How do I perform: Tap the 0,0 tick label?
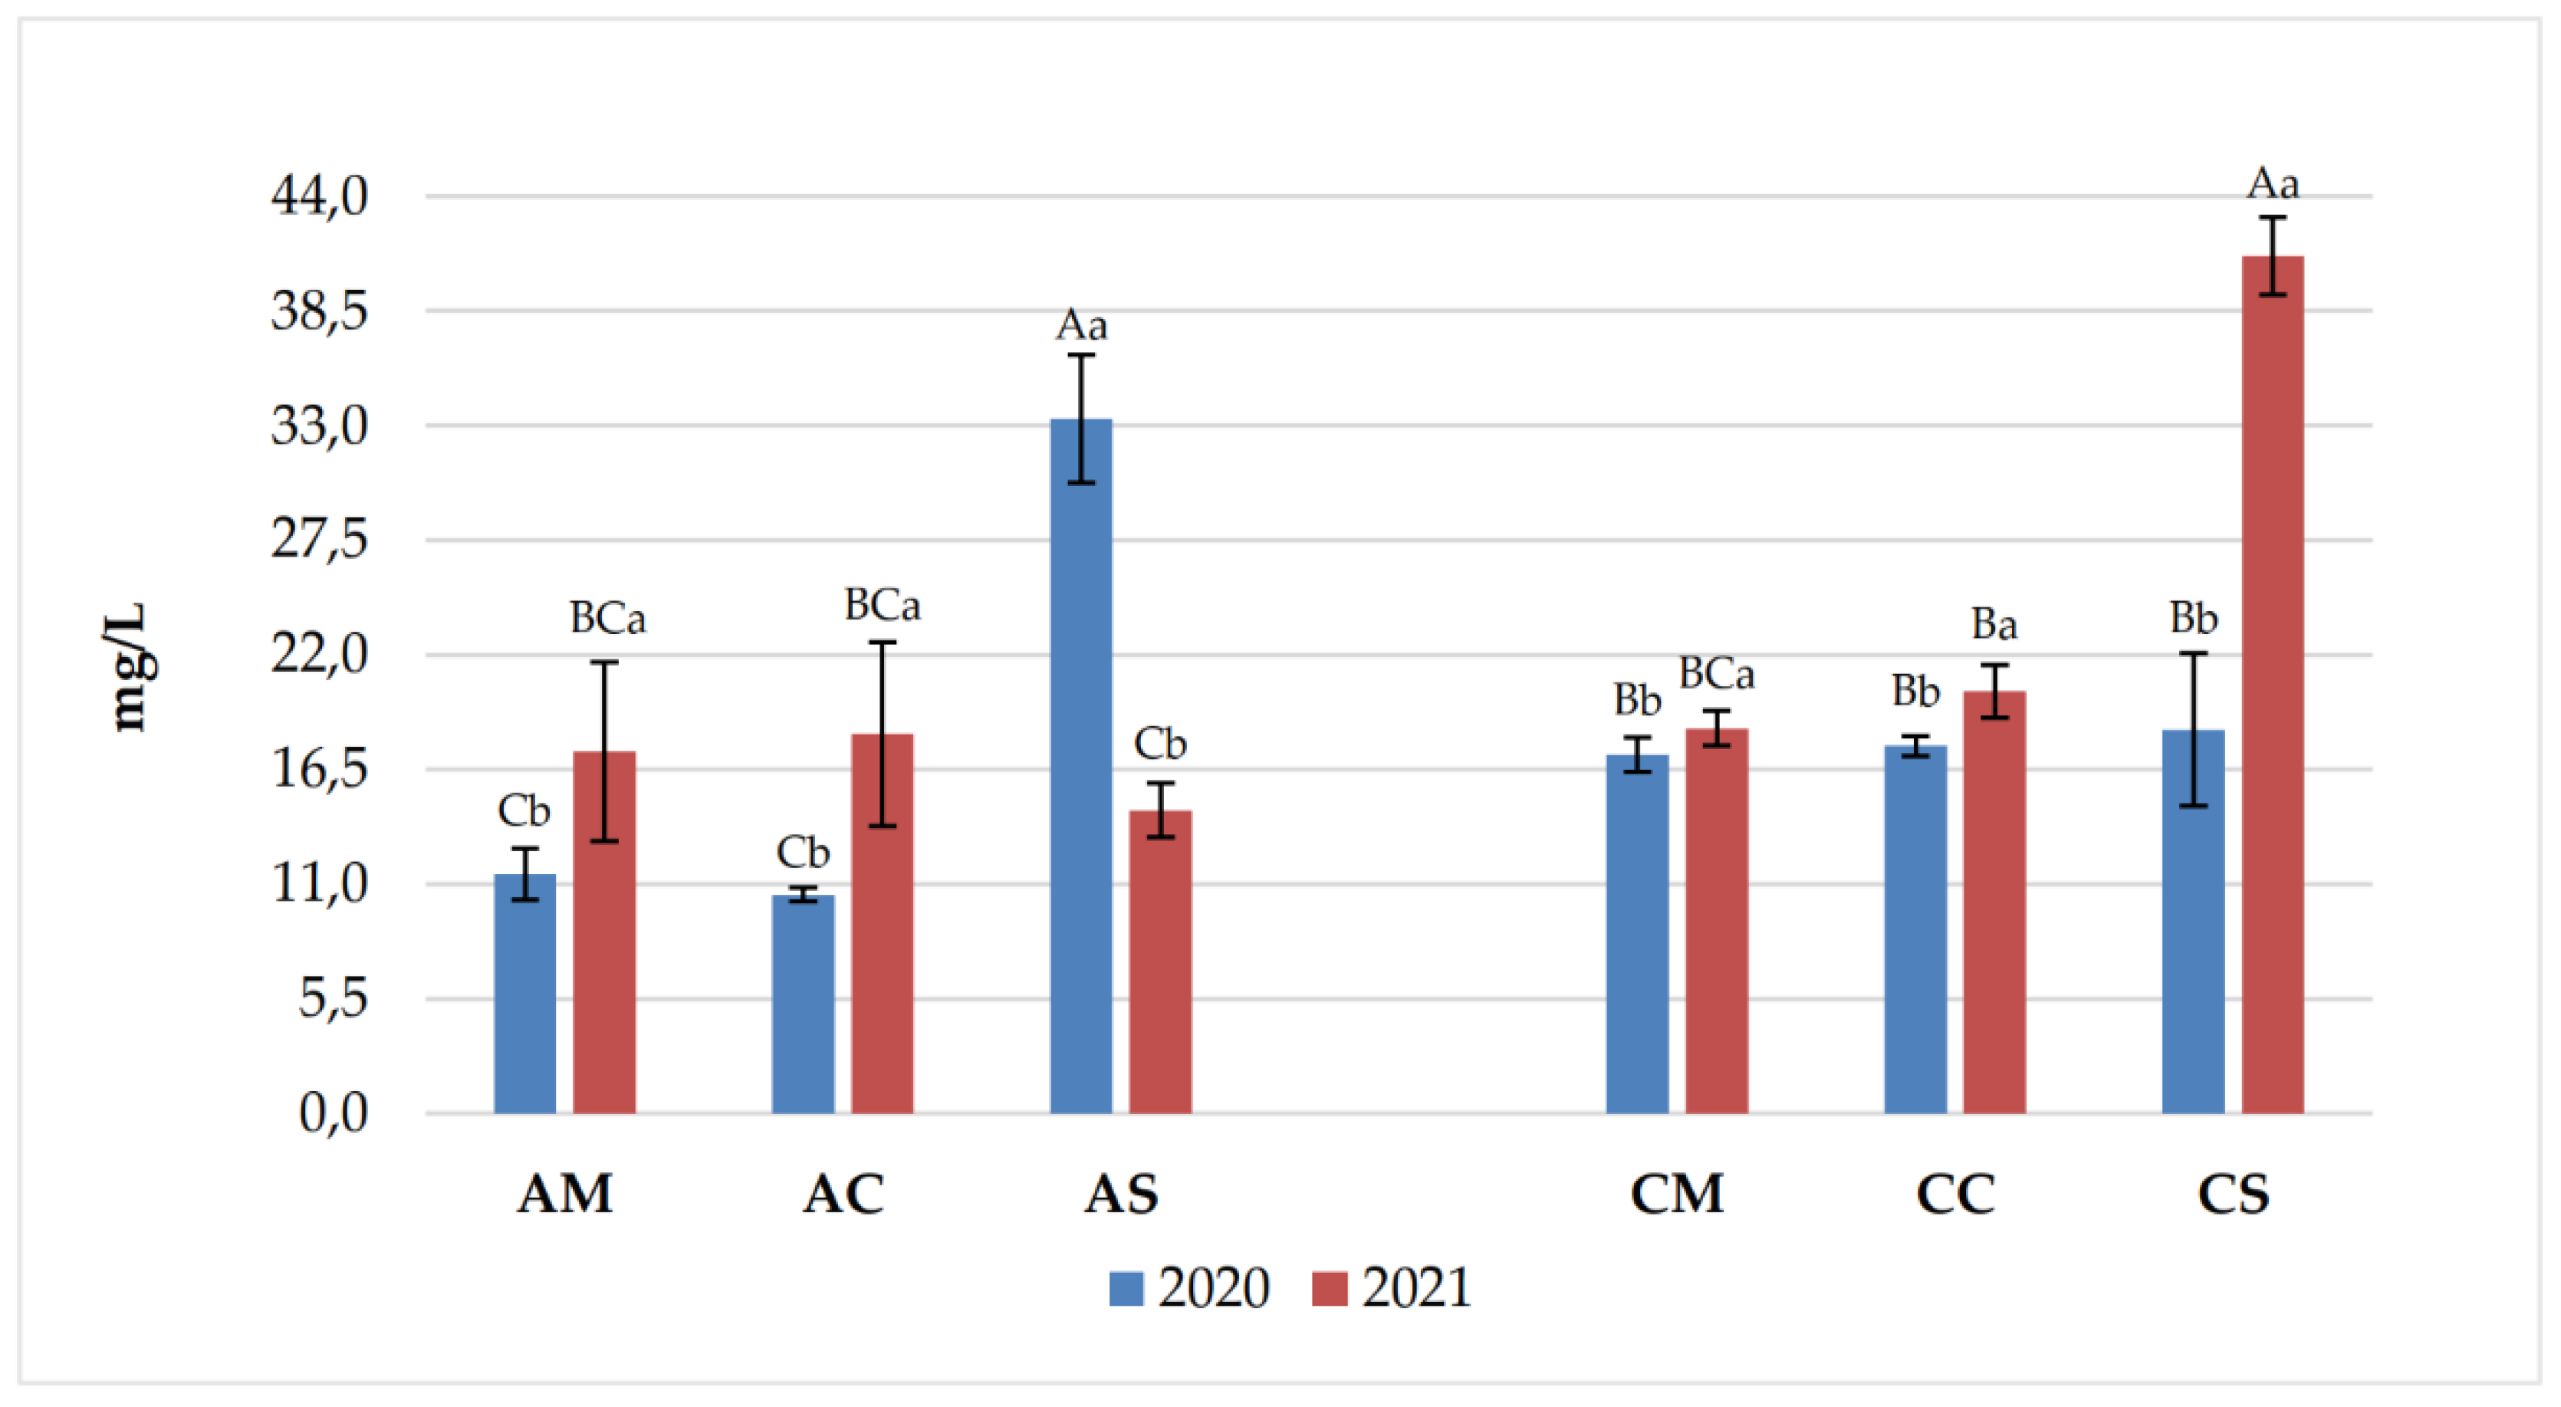click(x=333, y=1113)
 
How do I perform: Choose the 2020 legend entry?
click(x=1189, y=1287)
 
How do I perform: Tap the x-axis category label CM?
click(x=1676, y=1194)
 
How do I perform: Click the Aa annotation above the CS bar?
click(x=2273, y=184)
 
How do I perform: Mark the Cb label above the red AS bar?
click(x=1159, y=744)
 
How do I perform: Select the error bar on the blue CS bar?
click(x=2193, y=729)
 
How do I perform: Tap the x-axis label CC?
click(x=1954, y=1194)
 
